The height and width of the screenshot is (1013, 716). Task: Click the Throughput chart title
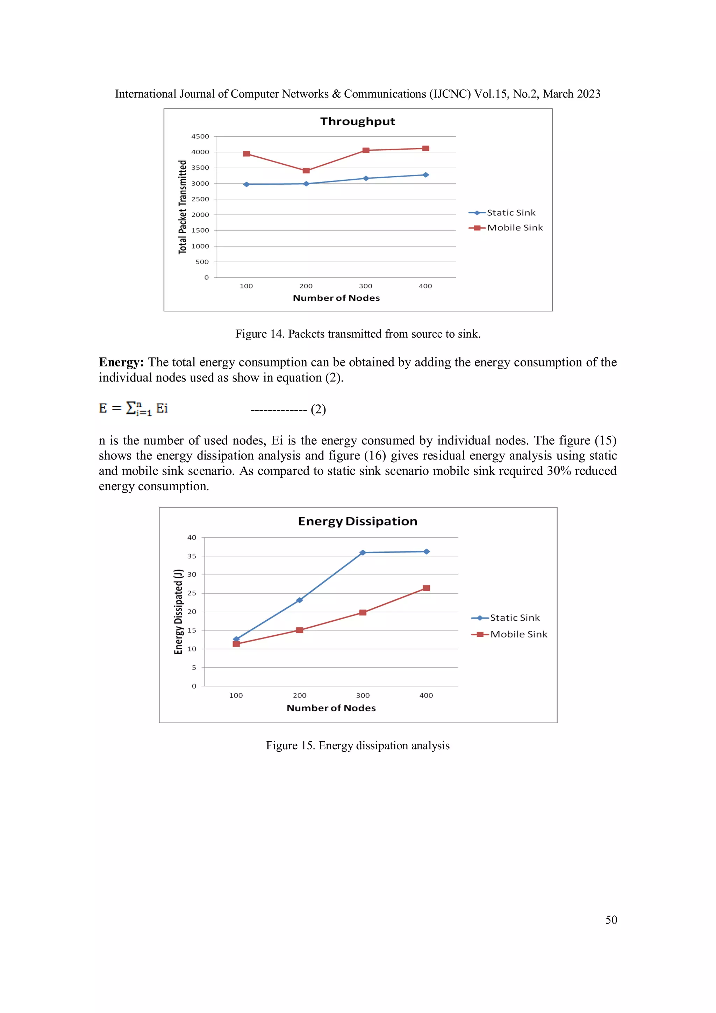click(x=357, y=121)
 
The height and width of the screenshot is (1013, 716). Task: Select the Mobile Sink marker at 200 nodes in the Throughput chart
click(x=306, y=170)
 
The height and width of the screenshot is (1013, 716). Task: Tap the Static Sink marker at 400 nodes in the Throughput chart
click(x=425, y=175)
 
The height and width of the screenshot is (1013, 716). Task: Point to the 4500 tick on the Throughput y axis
click(x=200, y=136)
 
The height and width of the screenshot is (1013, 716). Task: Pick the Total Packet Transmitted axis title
click(x=182, y=207)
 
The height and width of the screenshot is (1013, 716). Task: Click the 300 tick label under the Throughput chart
click(x=365, y=286)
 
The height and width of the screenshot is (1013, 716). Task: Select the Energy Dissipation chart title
click(x=357, y=521)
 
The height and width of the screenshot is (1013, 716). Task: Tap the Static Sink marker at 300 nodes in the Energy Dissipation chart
click(x=363, y=552)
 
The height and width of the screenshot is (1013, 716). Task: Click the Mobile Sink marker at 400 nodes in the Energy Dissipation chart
click(x=426, y=588)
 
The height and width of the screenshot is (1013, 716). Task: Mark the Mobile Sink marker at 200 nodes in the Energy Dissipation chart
click(x=300, y=630)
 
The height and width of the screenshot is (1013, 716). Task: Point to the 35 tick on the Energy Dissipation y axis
click(x=192, y=556)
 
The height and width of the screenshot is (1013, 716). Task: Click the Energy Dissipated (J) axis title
click(x=178, y=612)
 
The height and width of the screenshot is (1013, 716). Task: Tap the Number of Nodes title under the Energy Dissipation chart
click(x=331, y=708)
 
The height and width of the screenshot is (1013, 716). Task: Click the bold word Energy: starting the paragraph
click(x=121, y=362)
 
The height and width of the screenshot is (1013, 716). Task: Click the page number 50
click(x=611, y=920)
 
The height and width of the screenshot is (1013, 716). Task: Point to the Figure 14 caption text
click(x=357, y=334)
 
